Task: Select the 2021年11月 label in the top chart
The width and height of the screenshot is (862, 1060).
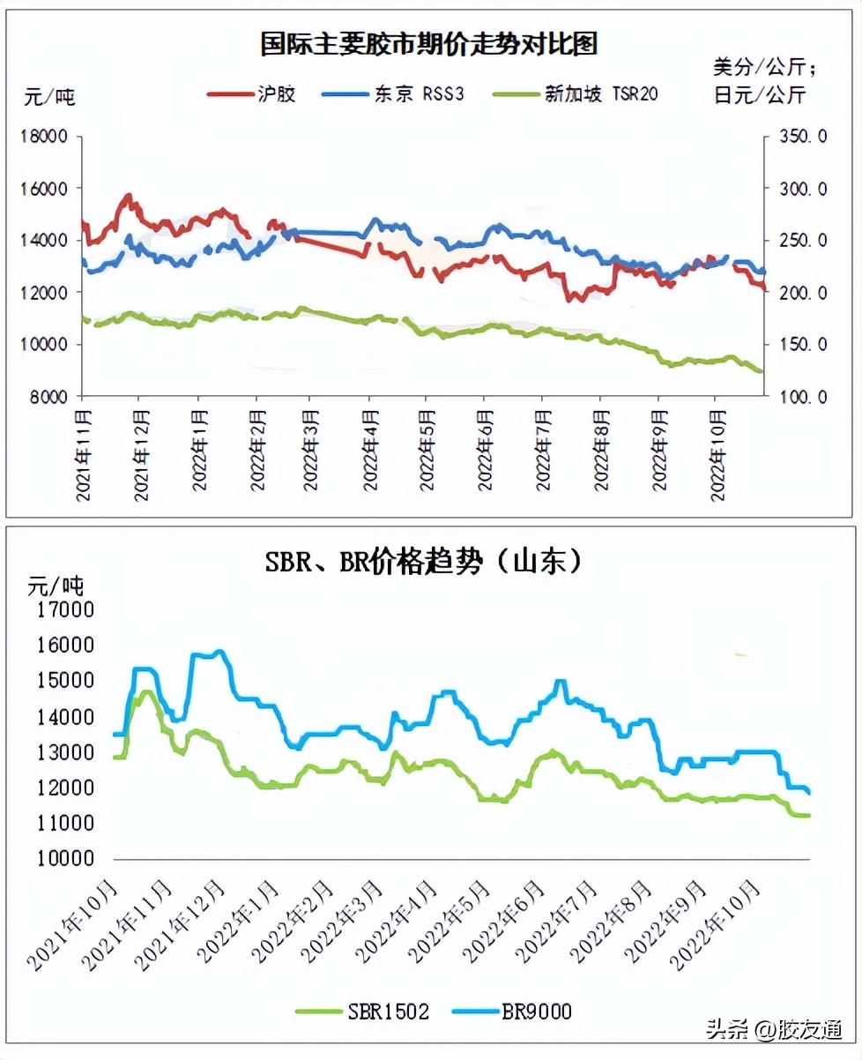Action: pos(84,453)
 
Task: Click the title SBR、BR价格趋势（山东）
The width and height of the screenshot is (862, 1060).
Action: pos(424,562)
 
